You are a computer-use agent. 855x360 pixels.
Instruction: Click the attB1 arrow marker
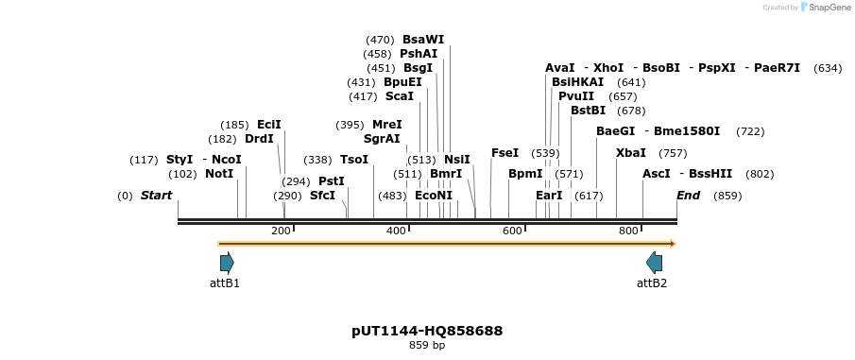(x=226, y=263)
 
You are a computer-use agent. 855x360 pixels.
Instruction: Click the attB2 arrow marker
(x=654, y=263)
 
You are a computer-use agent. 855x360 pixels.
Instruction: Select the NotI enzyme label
(x=219, y=174)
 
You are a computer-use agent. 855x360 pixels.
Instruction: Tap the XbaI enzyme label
(x=631, y=153)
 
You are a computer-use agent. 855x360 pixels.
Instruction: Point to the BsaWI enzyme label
(x=422, y=40)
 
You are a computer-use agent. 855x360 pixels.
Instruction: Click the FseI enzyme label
(x=504, y=153)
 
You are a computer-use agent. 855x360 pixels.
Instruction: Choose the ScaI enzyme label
(x=399, y=96)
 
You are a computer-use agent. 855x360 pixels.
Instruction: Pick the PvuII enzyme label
(x=576, y=96)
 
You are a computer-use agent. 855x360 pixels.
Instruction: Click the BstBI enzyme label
(x=588, y=111)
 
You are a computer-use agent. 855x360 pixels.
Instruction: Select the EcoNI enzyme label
(x=434, y=196)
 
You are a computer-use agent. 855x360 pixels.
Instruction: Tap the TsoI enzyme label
(x=354, y=160)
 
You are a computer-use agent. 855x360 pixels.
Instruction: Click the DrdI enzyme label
(x=259, y=139)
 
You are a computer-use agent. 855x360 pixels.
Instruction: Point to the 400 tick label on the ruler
(x=397, y=231)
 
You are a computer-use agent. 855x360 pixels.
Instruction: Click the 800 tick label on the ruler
(x=628, y=231)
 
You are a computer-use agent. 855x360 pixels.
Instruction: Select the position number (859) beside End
(x=727, y=196)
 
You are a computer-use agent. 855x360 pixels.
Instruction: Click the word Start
(x=157, y=196)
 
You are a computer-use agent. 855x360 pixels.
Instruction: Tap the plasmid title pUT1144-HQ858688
(x=427, y=331)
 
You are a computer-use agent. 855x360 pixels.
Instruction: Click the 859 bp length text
(x=427, y=346)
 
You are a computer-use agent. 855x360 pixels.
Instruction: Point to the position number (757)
(x=673, y=153)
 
